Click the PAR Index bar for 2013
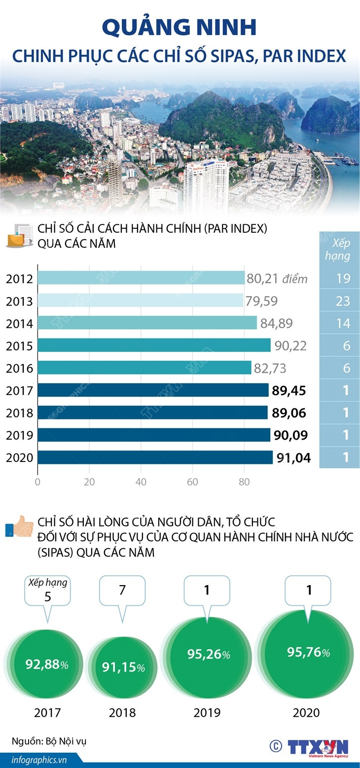tap(140, 301)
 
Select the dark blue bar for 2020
tap(155, 457)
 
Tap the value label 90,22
tap(291, 346)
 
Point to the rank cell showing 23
tap(343, 301)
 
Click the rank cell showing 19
tap(343, 279)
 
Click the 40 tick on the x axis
tap(141, 482)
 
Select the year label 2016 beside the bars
tap(19, 368)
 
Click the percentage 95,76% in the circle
tap(309, 652)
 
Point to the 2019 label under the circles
tap(207, 713)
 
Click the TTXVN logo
tap(318, 746)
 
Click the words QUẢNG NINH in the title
tap(180, 28)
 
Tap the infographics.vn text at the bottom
tap(33, 760)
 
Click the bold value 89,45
tap(289, 391)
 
